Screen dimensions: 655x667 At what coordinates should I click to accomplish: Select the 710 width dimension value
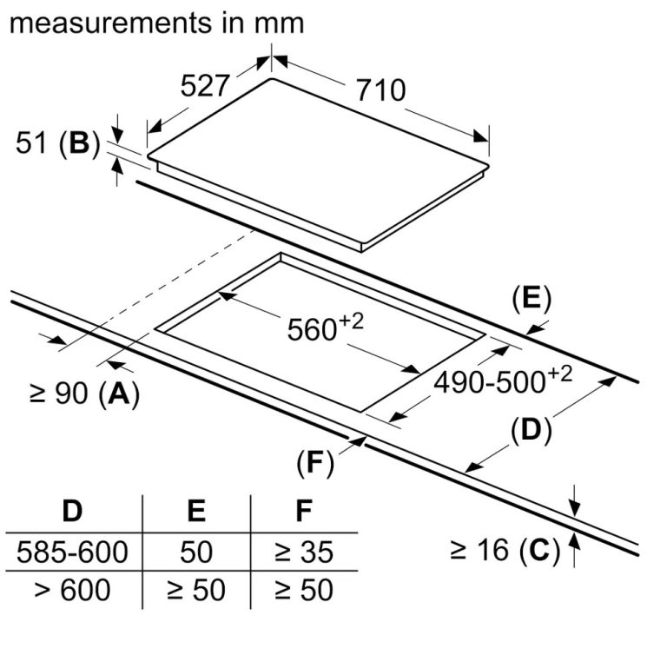(380, 89)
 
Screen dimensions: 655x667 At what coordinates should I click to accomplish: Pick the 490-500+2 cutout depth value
(504, 380)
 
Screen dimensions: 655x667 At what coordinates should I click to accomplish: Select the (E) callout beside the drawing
(532, 299)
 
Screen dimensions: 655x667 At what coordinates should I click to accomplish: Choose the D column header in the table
(72, 511)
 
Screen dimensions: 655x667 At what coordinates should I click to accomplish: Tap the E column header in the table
(196, 511)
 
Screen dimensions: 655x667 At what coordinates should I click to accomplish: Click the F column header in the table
(303, 511)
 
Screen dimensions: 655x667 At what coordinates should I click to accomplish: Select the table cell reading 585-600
(72, 551)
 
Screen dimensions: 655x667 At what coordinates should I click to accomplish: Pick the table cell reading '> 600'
(72, 590)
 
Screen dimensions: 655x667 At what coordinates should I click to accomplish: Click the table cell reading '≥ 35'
(303, 551)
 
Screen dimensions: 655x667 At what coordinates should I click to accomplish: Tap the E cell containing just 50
(196, 551)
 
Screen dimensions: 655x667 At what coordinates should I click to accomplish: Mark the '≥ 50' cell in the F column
(303, 590)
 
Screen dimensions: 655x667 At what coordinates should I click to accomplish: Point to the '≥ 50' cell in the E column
(196, 590)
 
